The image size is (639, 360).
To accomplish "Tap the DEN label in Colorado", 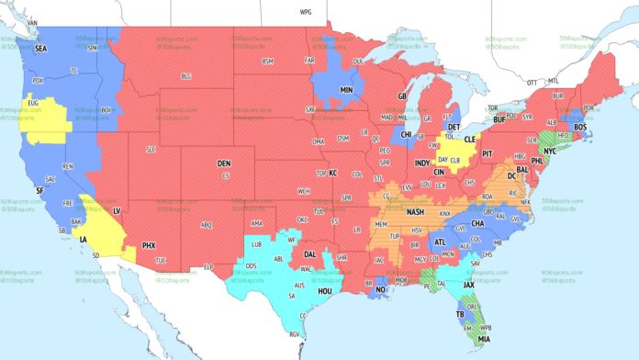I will tap(224, 163).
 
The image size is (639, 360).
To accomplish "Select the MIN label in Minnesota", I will tap(347, 91).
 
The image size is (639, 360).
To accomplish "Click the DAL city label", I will tap(311, 253).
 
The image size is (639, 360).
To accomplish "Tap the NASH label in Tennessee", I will tap(416, 213).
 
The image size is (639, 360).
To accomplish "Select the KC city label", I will tap(333, 173).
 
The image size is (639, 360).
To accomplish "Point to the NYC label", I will tap(551, 150).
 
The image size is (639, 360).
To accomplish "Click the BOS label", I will tap(579, 127).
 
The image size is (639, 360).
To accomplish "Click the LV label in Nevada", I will tap(117, 210).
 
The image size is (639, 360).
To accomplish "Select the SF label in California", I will tap(39, 190).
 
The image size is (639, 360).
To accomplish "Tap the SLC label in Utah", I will tap(151, 149).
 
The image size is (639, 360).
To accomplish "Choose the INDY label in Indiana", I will tap(422, 163).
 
